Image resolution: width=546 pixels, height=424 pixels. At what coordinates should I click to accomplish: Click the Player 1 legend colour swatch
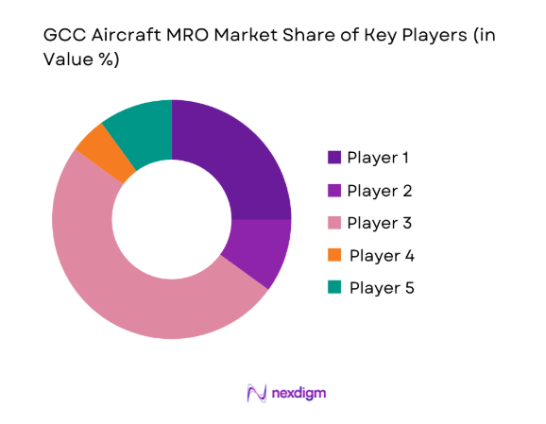334,157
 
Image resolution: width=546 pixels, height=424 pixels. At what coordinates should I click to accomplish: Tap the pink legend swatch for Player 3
334,223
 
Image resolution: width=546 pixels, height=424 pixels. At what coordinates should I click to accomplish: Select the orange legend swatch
334,255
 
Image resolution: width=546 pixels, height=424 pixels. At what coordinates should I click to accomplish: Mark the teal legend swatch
334,288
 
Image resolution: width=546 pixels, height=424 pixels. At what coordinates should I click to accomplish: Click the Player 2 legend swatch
334,190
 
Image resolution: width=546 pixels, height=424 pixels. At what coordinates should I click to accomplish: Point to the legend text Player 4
381,255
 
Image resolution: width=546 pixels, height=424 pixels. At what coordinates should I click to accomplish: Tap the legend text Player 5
381,288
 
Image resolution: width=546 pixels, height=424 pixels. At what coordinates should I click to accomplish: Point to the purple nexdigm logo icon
254,391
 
